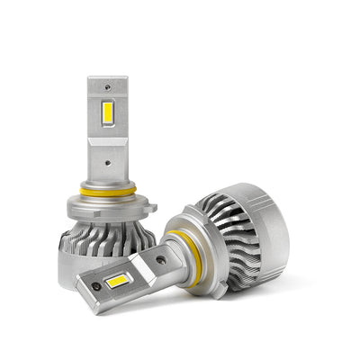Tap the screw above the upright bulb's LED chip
[109, 87]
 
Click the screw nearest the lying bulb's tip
[96, 287]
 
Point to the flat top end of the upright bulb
[108, 78]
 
